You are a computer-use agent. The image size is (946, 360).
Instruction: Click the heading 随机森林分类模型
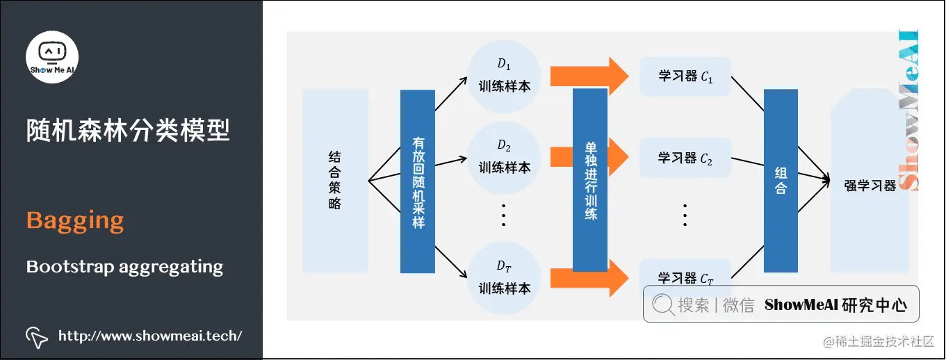pyautogui.click(x=128, y=130)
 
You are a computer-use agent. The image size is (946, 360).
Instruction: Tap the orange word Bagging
pyautogui.click(x=75, y=221)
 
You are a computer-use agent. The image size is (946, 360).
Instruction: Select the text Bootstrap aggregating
pyautogui.click(x=124, y=266)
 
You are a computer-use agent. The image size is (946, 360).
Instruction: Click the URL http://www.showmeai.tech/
pyautogui.click(x=150, y=336)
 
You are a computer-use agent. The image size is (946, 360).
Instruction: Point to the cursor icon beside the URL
pyautogui.click(x=37, y=336)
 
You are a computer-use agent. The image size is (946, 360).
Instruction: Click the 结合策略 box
pyautogui.click(x=335, y=181)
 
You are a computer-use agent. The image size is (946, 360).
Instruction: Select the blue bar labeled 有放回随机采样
pyautogui.click(x=417, y=181)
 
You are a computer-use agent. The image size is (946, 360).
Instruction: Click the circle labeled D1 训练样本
pyautogui.click(x=504, y=76)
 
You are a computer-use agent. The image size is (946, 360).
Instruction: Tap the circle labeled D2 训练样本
pyautogui.click(x=504, y=157)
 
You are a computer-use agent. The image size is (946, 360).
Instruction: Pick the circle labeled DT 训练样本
pyautogui.click(x=504, y=277)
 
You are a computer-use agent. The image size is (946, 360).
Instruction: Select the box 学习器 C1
pyautogui.click(x=685, y=76)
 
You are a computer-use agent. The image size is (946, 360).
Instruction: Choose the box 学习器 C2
pyautogui.click(x=685, y=158)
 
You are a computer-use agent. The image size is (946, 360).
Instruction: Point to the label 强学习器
pyautogui.click(x=870, y=186)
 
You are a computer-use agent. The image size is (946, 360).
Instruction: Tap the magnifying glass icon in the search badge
pyautogui.click(x=663, y=304)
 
